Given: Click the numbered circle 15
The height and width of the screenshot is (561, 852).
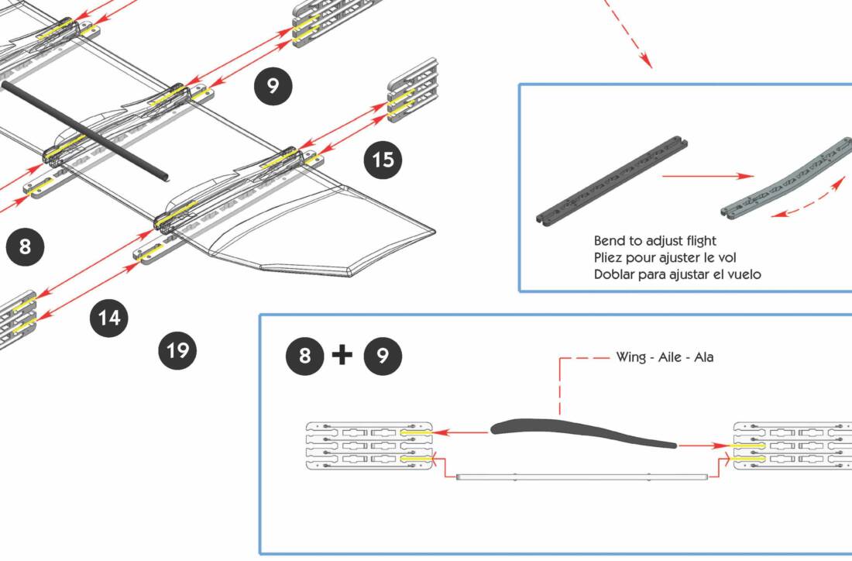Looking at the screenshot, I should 383,160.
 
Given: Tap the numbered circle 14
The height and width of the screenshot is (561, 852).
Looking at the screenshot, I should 109,318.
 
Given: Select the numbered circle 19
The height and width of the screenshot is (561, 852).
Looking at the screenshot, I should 178,350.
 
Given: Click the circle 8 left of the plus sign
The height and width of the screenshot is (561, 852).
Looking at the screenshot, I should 305,356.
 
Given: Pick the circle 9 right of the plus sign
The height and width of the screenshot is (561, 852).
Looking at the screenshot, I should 383,356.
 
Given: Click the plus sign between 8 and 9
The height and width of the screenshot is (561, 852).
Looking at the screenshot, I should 342,355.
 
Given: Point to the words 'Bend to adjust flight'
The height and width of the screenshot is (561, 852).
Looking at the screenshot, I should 655,241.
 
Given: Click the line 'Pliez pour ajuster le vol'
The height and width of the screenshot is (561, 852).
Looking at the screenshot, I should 665,257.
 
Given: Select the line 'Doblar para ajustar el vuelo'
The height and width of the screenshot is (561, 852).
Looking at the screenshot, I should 678,274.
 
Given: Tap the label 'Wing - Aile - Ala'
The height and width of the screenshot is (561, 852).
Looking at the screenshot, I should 665,357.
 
